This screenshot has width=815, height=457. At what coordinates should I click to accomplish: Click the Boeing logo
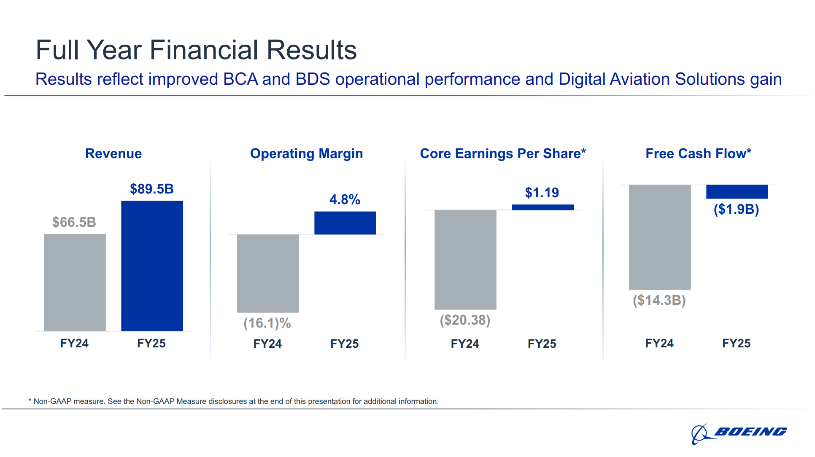click(x=739, y=433)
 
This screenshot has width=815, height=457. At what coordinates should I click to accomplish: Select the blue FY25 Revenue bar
click(x=152, y=266)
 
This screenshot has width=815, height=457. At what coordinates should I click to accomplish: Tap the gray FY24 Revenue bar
click(x=75, y=282)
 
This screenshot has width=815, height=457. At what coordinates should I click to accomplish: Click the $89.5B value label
click(x=152, y=189)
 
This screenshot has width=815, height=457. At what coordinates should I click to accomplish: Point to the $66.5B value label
click(x=74, y=222)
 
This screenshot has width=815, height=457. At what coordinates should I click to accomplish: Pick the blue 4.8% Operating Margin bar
click(x=345, y=223)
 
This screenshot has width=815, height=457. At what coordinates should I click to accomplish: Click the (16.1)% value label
click(x=267, y=323)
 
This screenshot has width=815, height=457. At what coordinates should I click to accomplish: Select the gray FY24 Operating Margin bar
click(x=268, y=273)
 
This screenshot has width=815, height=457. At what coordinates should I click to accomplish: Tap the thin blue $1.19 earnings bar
click(x=542, y=207)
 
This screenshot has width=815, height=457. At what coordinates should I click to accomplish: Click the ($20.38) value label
click(x=465, y=320)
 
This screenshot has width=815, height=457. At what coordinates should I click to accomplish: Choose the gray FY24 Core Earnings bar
click(x=465, y=260)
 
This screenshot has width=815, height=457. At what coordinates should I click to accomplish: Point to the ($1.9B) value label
click(x=736, y=209)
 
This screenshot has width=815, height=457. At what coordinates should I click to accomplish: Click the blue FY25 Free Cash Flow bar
click(x=737, y=192)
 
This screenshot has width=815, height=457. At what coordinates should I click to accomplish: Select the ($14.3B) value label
click(x=659, y=300)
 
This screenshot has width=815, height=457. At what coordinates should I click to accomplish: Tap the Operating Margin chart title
click(x=306, y=153)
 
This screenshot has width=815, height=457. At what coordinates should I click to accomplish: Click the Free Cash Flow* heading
click(x=698, y=153)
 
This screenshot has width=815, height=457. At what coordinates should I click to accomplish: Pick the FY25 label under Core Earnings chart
click(x=542, y=344)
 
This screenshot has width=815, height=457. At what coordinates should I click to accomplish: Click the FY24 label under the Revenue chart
click(x=74, y=343)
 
